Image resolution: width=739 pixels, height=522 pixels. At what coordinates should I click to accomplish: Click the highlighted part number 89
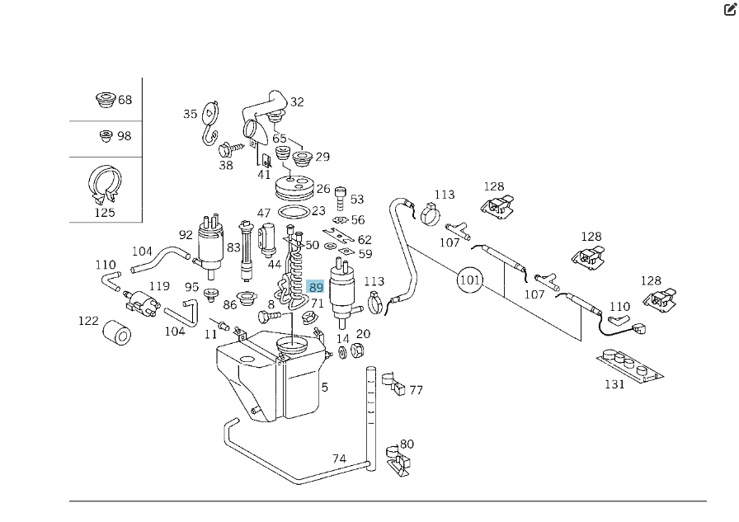pyautogui.click(x=316, y=287)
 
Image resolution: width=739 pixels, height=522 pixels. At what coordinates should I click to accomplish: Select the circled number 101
pyautogui.click(x=470, y=280)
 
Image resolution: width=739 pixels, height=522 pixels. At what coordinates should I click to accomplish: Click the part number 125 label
pyautogui.click(x=105, y=213)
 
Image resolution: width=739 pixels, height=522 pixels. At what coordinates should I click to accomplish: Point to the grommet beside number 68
pyautogui.click(x=104, y=101)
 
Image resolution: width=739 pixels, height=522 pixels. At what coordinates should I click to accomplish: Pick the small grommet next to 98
pyautogui.click(x=106, y=136)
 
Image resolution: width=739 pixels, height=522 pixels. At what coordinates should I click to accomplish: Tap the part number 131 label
pyautogui.click(x=614, y=385)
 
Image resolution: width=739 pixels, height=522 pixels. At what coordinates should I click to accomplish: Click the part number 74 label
pyautogui.click(x=339, y=459)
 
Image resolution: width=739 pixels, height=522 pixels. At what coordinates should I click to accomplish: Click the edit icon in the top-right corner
pyautogui.click(x=729, y=10)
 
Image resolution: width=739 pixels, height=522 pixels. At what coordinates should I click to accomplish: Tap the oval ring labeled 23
pyautogui.click(x=291, y=212)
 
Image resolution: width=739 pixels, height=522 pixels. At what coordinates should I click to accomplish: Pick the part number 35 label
pyautogui.click(x=191, y=115)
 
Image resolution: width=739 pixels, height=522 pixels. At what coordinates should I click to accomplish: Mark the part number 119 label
pyautogui.click(x=159, y=287)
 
